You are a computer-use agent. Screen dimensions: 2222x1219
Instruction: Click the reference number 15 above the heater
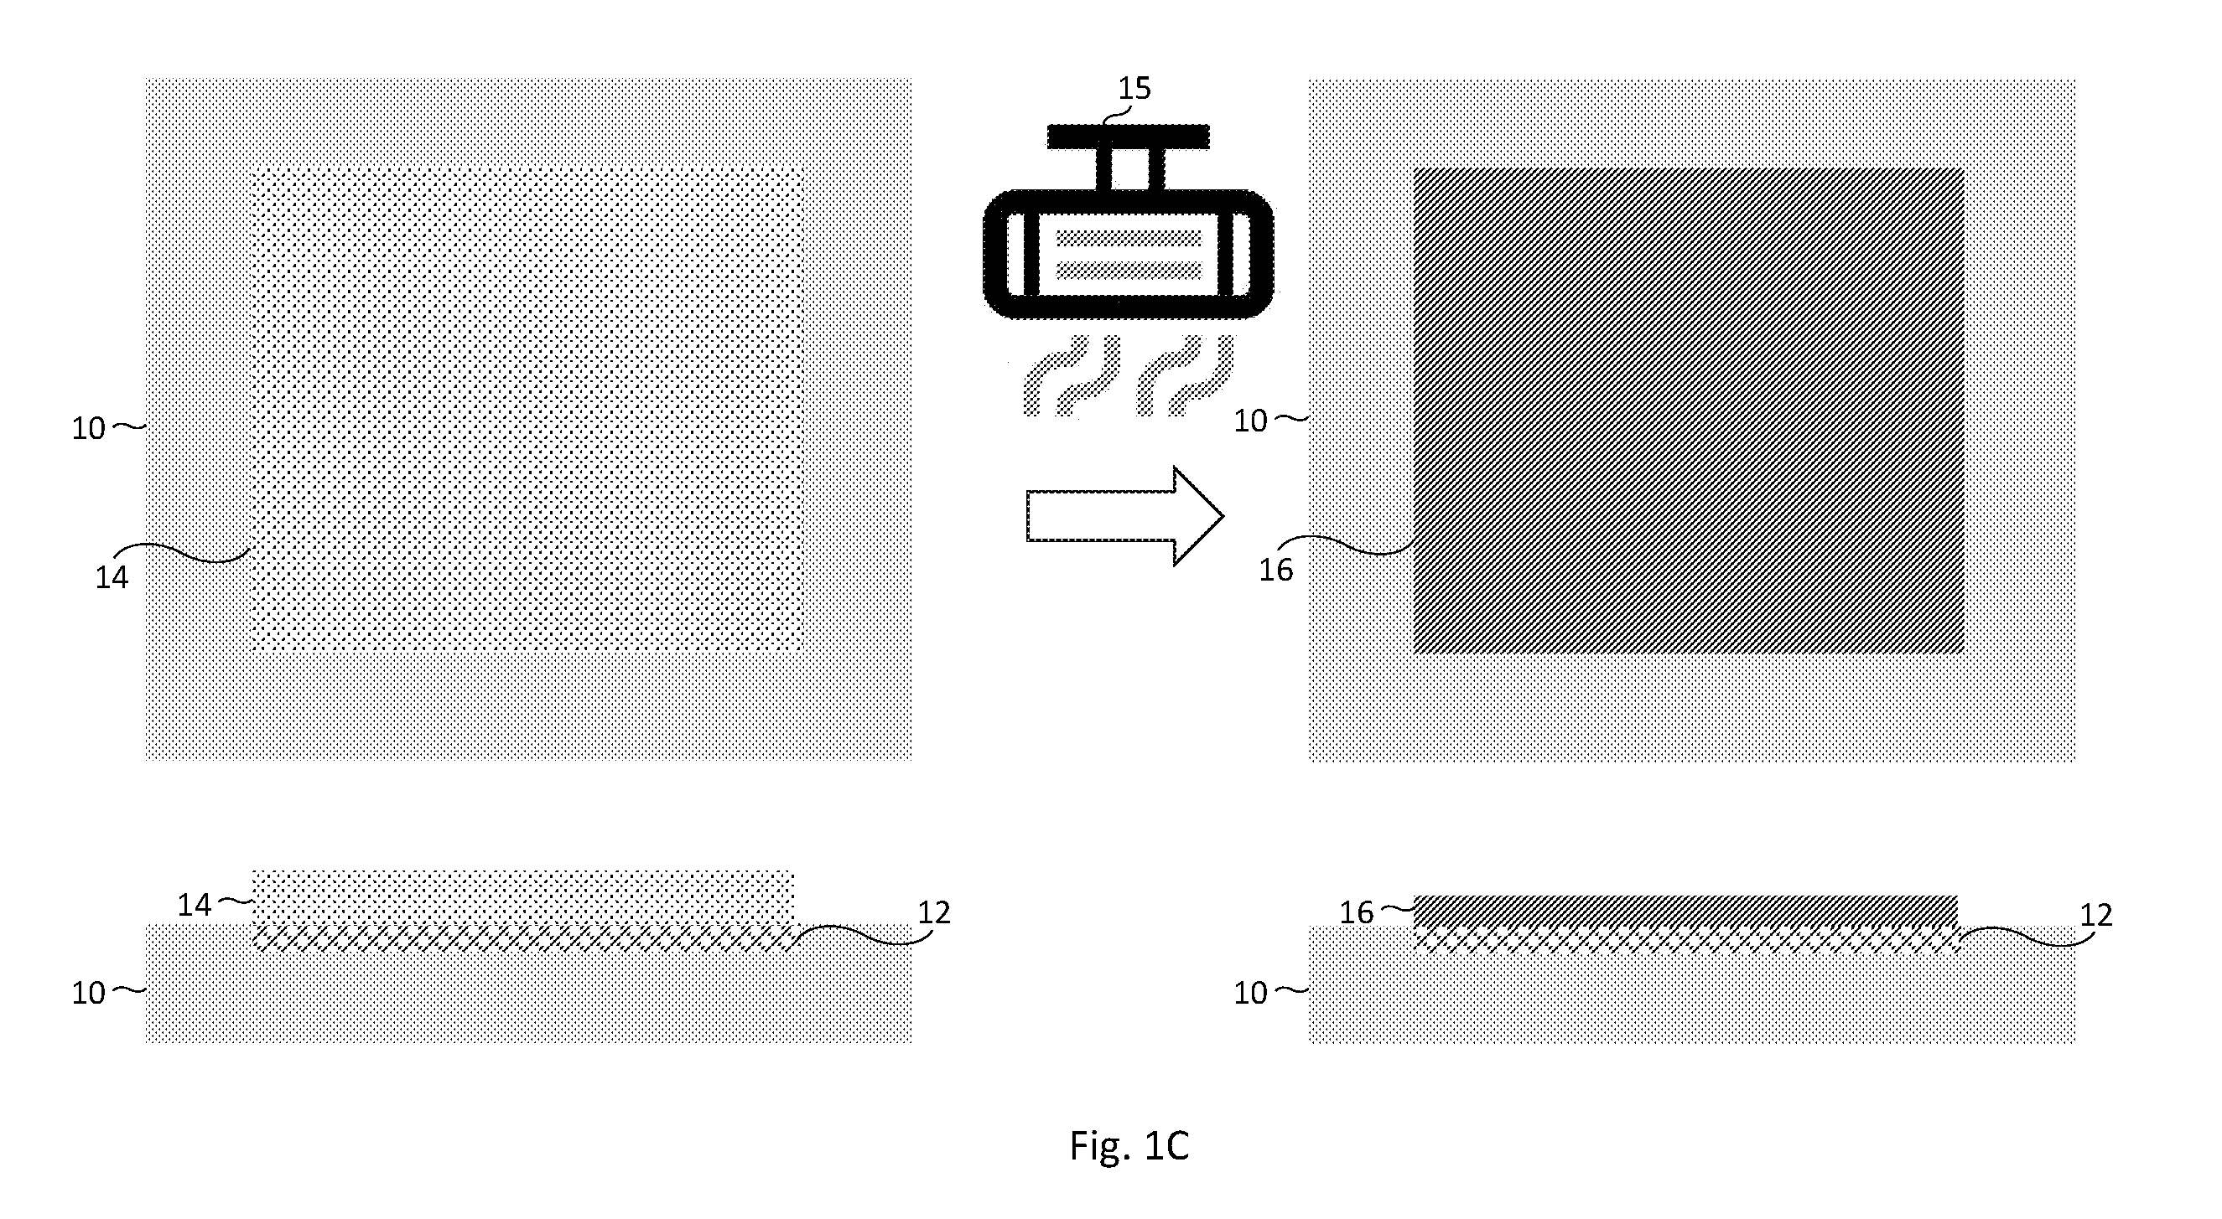(1134, 88)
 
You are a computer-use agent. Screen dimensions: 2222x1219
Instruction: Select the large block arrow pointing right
(1124, 516)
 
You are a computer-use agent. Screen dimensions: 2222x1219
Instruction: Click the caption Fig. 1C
(1129, 1146)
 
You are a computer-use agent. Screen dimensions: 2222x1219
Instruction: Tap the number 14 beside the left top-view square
(112, 577)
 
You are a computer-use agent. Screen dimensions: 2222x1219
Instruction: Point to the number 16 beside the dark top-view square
(1275, 570)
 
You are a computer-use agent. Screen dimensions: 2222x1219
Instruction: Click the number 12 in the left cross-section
(933, 912)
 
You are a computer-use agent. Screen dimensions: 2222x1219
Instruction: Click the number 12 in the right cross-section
(2096, 915)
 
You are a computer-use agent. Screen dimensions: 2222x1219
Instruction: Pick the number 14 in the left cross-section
(194, 904)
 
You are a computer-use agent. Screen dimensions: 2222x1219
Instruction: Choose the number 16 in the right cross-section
(1356, 913)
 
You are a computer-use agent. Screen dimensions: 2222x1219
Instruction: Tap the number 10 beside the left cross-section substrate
(88, 993)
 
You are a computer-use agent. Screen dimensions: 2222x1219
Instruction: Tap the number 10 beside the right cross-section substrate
(1251, 993)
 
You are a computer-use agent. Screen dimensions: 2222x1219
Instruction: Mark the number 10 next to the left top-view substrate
(88, 428)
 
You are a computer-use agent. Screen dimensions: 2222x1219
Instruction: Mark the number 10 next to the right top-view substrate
(1251, 421)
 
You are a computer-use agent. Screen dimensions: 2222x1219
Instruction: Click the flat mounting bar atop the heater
(1129, 137)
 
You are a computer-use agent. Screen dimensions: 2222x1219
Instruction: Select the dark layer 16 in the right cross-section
(1685, 911)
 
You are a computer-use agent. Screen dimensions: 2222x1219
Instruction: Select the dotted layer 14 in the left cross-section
(522, 898)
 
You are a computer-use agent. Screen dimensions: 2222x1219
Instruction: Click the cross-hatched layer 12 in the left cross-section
(523, 938)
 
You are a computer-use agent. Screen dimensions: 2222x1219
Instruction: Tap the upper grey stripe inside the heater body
(1129, 237)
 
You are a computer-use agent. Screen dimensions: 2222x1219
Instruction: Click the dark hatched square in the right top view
(1689, 411)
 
